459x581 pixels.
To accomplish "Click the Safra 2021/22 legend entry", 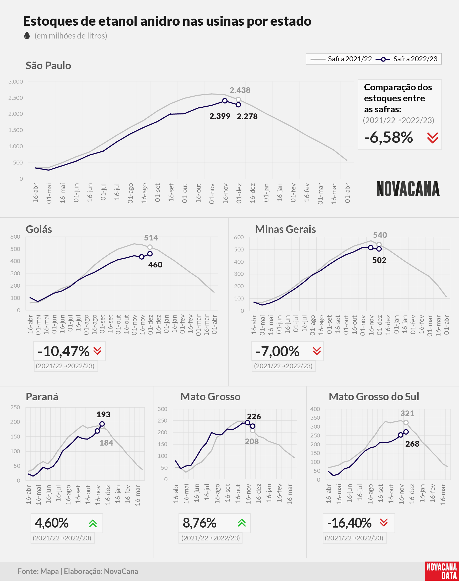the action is [x=341, y=59].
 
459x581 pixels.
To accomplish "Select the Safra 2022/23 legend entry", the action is [x=407, y=59].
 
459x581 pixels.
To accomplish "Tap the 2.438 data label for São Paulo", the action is [x=240, y=90].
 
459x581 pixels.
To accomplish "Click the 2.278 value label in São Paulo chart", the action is [x=247, y=116].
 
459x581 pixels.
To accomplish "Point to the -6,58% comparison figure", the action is [x=388, y=138].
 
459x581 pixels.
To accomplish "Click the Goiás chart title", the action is [x=39, y=229].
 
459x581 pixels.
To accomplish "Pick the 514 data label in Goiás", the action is [x=151, y=238].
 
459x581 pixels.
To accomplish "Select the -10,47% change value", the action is [x=63, y=351].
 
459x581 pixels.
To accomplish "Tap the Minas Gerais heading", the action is [x=285, y=229].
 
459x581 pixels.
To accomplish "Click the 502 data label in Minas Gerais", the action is [x=379, y=260].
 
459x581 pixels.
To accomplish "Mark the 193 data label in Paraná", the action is [x=104, y=415].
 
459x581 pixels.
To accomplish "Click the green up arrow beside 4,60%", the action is [x=93, y=523].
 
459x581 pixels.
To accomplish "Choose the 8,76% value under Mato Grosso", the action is [x=199, y=523].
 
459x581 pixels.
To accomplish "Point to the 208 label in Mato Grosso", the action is [x=252, y=442].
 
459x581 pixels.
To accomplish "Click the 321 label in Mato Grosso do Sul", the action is [x=407, y=413].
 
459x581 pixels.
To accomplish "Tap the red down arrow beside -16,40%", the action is [x=384, y=522].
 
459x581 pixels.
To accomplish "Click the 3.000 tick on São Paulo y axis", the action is [x=15, y=82].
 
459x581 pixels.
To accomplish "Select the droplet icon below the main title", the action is [x=27, y=35].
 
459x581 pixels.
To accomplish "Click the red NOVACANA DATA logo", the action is [x=442, y=571].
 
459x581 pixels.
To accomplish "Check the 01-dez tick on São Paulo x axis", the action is [x=239, y=194].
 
